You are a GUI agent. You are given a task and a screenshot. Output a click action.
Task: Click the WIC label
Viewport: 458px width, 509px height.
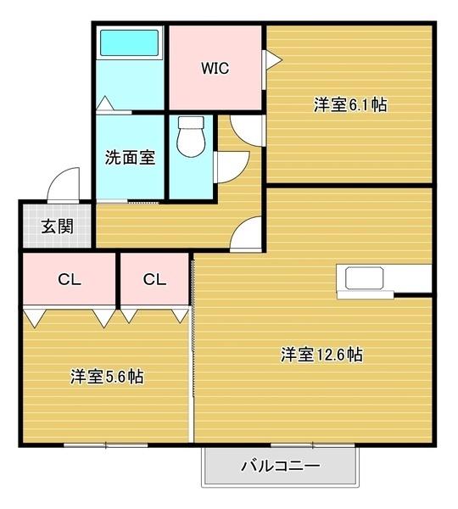tap(215, 69)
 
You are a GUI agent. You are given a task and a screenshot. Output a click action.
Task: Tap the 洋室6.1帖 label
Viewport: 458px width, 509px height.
tap(350, 105)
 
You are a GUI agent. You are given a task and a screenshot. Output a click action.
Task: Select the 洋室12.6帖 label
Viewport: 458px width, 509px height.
tap(322, 355)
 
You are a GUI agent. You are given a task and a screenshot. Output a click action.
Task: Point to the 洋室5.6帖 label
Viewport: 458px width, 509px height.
tap(106, 377)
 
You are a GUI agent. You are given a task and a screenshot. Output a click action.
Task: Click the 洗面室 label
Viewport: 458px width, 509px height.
tap(130, 157)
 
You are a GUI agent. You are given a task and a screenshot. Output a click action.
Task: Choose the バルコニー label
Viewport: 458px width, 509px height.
tap(279, 466)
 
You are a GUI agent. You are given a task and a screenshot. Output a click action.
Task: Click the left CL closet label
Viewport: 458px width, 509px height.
tap(69, 279)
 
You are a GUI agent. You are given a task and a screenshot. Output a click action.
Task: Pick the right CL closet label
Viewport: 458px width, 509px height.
tap(154, 279)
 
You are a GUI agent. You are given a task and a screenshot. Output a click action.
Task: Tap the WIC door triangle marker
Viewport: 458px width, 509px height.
tap(273, 59)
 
